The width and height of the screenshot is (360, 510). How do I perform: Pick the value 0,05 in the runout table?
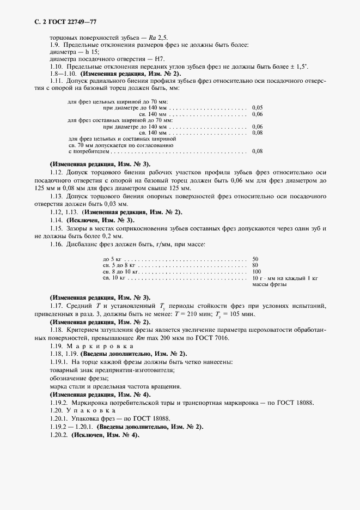click(258, 108)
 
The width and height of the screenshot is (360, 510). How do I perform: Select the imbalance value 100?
click(258, 271)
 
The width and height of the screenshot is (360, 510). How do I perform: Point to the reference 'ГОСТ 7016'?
click(214, 338)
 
